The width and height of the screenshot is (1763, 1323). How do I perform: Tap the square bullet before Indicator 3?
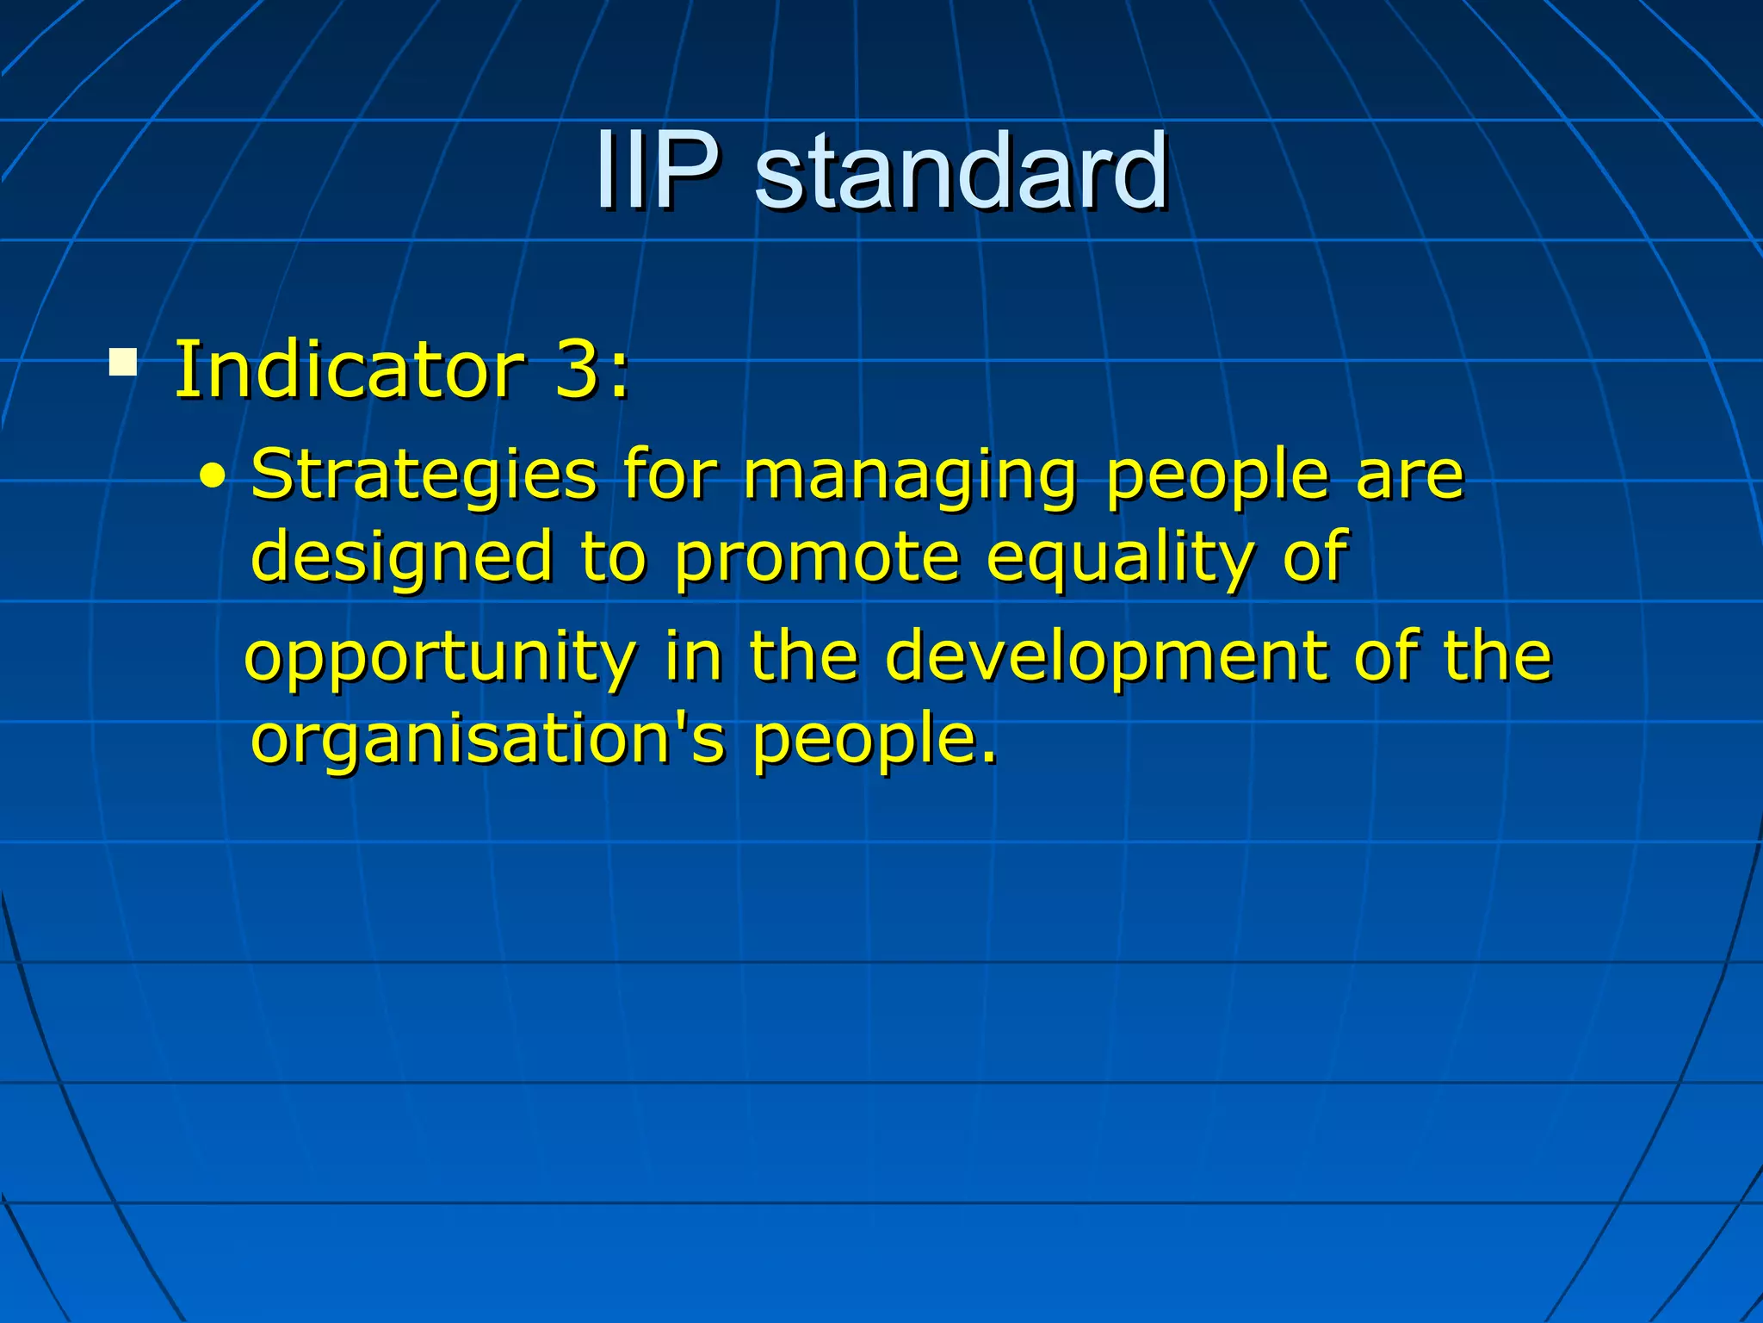pos(123,362)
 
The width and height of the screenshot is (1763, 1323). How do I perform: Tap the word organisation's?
pos(487,741)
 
